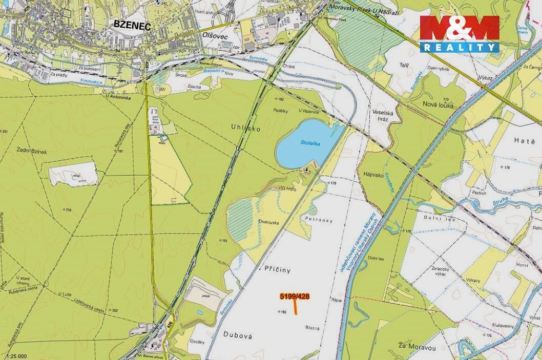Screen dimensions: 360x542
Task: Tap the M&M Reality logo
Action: [460, 34]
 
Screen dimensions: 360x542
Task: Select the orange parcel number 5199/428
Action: [295, 295]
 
